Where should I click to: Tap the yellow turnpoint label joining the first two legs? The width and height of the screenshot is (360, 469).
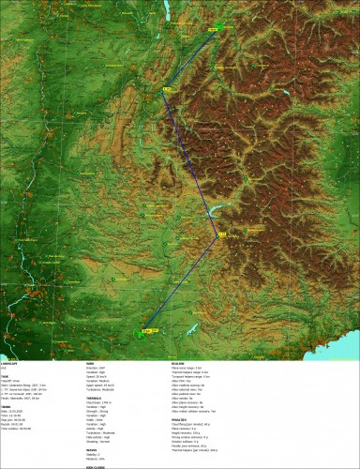168,90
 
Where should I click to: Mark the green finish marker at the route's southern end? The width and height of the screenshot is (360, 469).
146,330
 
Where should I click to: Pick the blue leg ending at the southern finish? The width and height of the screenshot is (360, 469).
185,281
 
